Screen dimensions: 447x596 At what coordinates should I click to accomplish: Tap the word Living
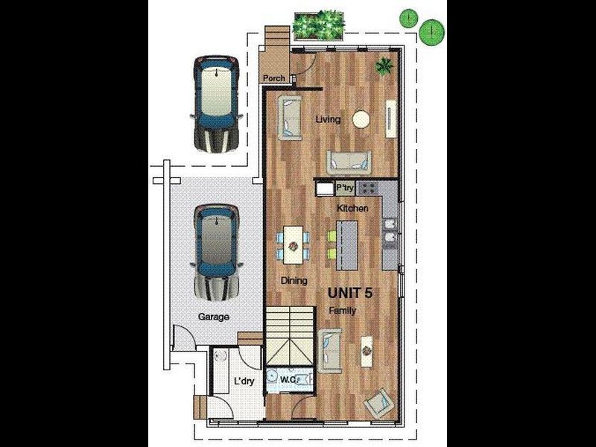coord(327,119)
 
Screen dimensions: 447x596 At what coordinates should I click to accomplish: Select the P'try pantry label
coord(343,188)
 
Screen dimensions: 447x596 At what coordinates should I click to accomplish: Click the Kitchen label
coord(352,209)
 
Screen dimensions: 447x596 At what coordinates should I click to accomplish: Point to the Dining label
coord(295,281)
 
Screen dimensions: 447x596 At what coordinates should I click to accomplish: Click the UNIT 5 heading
coord(350,293)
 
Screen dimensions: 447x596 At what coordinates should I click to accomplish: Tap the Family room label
coord(343,310)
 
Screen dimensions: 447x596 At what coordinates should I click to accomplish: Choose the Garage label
coord(213,317)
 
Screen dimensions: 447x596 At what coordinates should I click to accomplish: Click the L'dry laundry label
coord(245,381)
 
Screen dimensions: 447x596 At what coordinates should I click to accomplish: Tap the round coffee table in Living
coord(361,119)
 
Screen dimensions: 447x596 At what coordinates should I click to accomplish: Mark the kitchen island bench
coord(346,246)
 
